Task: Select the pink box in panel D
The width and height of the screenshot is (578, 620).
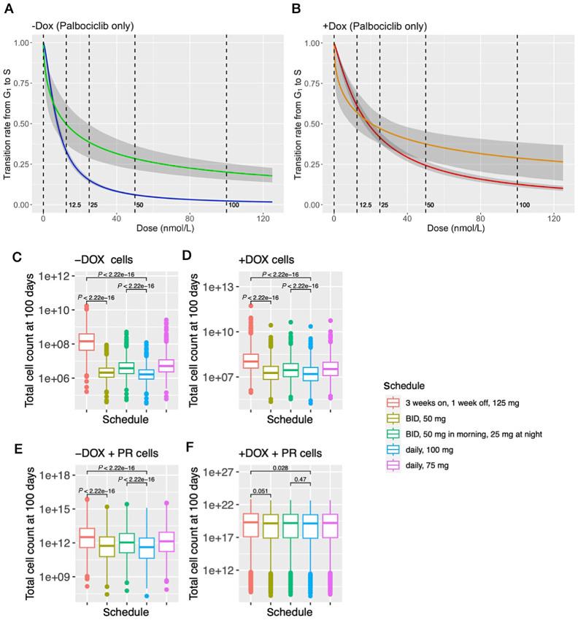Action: [330, 369]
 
